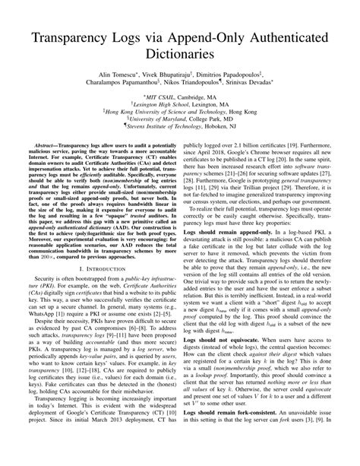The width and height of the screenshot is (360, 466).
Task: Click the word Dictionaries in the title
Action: [x=179, y=58]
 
